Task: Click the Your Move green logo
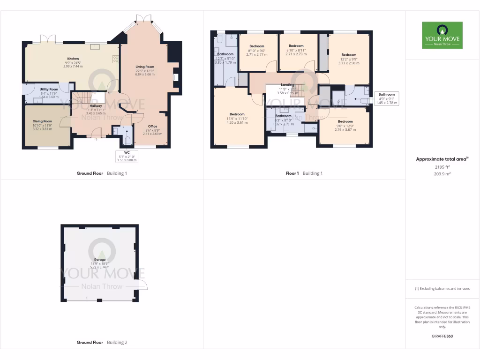pyautogui.click(x=442, y=35)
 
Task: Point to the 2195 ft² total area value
pyautogui.click(x=442, y=167)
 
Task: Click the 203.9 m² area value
pyautogui.click(x=442, y=173)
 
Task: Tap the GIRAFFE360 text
pyautogui.click(x=442, y=336)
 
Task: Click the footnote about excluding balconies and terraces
pyautogui.click(x=442, y=289)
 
